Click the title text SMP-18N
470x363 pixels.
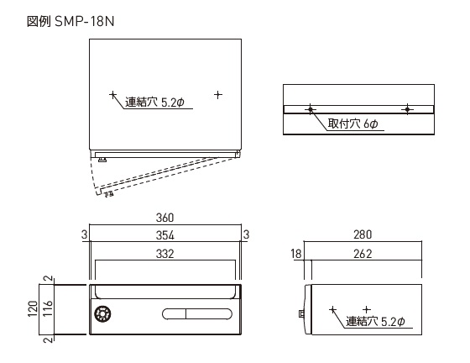coord(85,21)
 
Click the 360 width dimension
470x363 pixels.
coord(164,218)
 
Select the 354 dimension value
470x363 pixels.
coord(164,235)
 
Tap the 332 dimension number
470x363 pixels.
coord(164,254)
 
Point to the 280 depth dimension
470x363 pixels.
coord(363,234)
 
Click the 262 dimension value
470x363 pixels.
coord(363,254)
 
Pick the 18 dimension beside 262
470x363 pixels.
coord(296,254)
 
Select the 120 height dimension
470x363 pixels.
coord(33,308)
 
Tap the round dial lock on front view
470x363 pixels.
coord(102,313)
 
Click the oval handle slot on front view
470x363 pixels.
coord(197,313)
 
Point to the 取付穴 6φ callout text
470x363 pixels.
coord(352,124)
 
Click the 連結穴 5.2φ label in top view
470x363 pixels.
coord(154,103)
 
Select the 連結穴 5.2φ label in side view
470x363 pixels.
coord(376,321)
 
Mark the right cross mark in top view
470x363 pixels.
coord(218,95)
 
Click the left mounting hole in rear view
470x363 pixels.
coord(311,109)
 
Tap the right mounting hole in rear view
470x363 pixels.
coord(407,109)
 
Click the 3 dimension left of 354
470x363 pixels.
coord(84,235)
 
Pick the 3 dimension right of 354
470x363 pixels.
coord(246,234)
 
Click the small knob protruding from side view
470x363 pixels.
coord(301,313)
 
